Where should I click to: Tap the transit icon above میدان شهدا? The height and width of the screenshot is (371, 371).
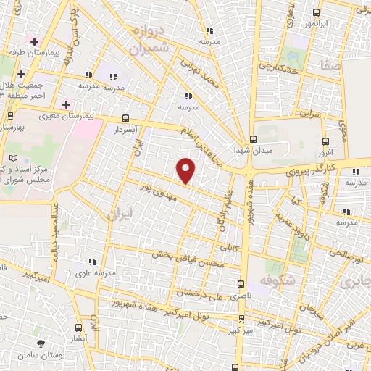click(252, 139)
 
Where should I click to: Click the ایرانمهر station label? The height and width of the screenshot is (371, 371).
click(321, 23)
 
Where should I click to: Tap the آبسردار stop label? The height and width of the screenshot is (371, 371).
click(125, 129)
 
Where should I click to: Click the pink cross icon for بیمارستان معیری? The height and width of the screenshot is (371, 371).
click(67, 104)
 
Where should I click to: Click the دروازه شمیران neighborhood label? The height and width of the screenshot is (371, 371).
click(150, 41)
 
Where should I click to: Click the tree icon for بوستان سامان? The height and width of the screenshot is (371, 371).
click(41, 343)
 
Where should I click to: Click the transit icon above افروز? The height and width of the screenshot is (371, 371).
click(325, 141)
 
